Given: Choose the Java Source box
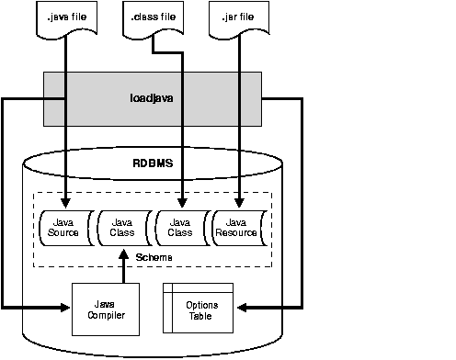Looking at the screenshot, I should click(64, 227).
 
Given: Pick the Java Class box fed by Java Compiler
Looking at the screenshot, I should click(122, 227).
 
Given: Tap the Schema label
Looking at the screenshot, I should click(152, 257).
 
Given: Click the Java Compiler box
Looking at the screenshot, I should click(106, 309).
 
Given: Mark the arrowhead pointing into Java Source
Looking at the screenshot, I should click(65, 202).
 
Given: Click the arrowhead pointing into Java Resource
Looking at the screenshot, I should click(240, 202).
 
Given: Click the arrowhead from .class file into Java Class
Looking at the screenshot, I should click(182, 202).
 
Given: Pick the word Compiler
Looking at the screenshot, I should click(106, 315).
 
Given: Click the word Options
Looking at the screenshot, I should click(202, 304).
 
